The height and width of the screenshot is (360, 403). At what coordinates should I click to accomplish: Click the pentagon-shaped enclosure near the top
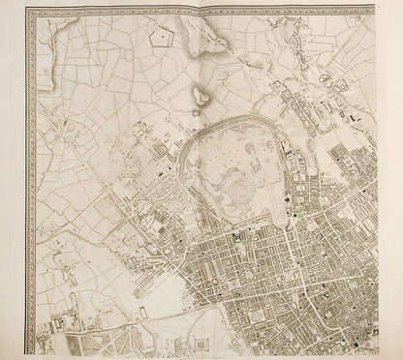tap(161, 40)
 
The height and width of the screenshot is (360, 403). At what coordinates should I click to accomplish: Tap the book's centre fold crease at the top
tap(201, 8)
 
